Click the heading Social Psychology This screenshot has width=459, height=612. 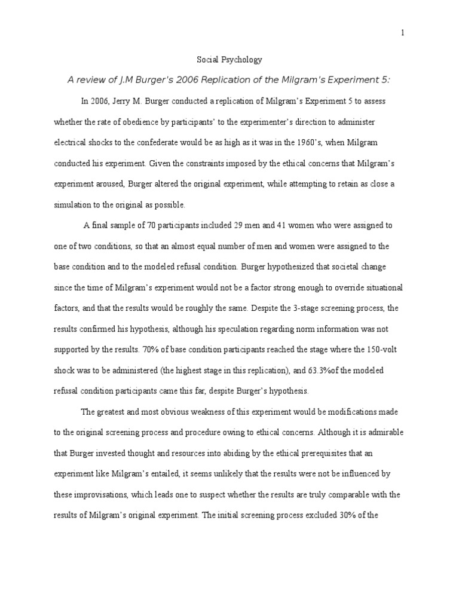[229, 60]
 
